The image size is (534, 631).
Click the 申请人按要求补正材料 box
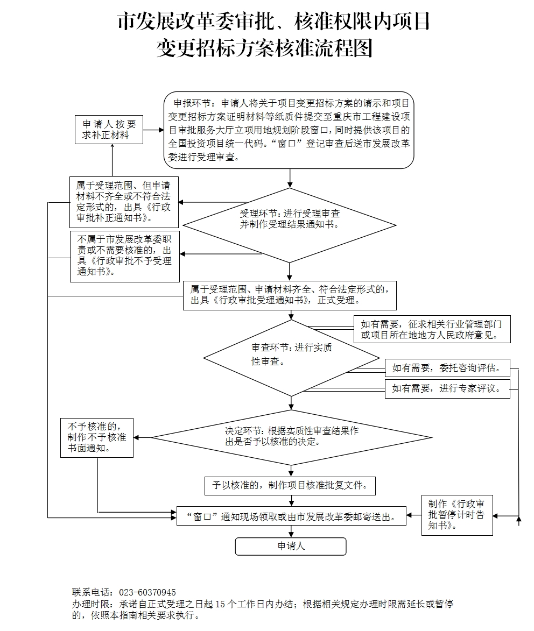[x=109, y=129]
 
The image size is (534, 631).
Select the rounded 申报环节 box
[x=289, y=130]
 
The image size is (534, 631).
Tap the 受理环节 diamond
[x=290, y=225]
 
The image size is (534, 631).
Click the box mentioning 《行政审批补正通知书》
[x=124, y=202]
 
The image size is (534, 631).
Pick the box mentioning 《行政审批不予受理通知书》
[x=124, y=256]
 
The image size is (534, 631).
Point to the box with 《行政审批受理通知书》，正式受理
[x=290, y=295]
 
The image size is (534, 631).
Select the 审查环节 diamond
[x=291, y=358]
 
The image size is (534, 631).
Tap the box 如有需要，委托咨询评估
[x=447, y=368]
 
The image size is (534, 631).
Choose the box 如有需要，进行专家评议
[x=447, y=388]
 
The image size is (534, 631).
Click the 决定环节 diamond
[x=291, y=437]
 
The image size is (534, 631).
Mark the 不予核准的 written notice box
[x=97, y=438]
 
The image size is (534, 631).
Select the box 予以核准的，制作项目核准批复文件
[x=290, y=486]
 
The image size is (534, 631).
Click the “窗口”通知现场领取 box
[x=291, y=516]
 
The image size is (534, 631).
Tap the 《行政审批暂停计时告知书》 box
[x=456, y=515]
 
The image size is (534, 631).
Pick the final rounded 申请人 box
[x=291, y=546]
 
